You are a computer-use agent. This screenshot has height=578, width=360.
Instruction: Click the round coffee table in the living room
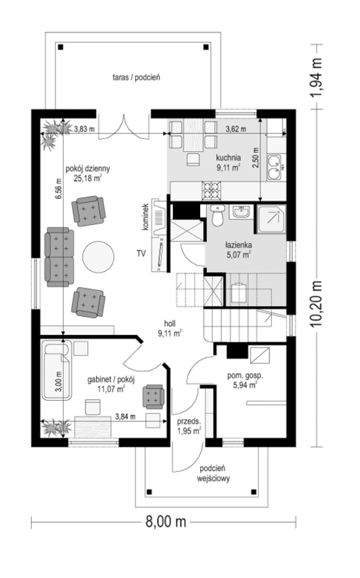pos(98,256)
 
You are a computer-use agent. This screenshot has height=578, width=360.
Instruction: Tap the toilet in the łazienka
pos(218,215)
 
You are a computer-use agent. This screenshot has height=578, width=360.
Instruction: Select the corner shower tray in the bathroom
pos(271,219)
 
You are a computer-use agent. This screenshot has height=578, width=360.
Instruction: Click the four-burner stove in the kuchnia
pos(211,191)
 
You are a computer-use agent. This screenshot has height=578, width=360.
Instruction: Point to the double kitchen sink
pos(274,167)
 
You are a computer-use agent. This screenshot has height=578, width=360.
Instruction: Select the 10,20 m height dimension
pos(317,304)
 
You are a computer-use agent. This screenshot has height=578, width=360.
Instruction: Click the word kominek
pos(145,217)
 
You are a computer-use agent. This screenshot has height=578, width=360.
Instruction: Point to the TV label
pos(141,254)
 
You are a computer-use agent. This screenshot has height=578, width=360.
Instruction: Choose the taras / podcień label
pos(136,77)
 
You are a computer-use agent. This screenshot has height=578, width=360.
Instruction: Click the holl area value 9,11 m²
pos(170,333)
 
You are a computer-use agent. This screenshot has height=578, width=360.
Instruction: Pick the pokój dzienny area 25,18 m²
pos(88,178)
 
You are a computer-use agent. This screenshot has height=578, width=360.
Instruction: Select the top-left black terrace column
pos(61,47)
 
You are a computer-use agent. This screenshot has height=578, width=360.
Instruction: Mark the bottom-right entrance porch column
pos(254,492)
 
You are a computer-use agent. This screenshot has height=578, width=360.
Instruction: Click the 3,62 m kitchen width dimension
pos(236,129)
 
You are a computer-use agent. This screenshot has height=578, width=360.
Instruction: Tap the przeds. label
pos(189,421)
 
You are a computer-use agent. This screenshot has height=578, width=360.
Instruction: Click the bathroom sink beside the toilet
pos(242,212)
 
